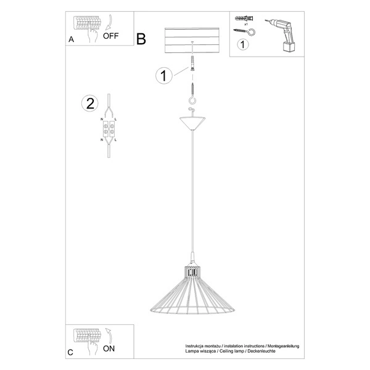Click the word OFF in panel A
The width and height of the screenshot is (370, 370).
click(x=111, y=36)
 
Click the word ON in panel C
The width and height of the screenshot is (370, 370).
click(x=109, y=348)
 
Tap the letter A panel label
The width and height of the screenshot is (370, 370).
click(x=71, y=39)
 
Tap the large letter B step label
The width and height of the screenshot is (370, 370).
click(x=141, y=39)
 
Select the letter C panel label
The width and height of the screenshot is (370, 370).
click(x=71, y=352)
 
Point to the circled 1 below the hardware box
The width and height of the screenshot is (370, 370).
click(x=243, y=44)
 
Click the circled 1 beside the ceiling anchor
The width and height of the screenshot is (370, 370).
click(x=163, y=76)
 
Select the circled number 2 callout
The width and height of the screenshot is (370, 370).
click(x=90, y=103)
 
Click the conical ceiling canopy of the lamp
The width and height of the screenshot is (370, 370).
click(x=194, y=122)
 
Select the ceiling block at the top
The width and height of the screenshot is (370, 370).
click(x=194, y=41)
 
